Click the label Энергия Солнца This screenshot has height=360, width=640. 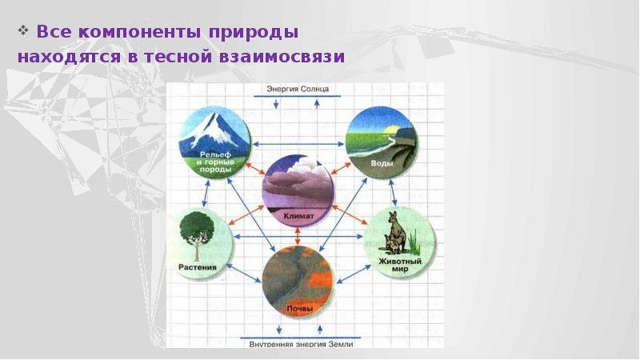pyautogui.click(x=298, y=89)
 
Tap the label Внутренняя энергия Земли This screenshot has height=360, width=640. pyautogui.click(x=301, y=344)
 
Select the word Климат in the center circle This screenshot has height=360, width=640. pyautogui.click(x=298, y=215)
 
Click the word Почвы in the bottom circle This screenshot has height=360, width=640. pyautogui.click(x=299, y=309)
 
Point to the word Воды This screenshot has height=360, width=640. pyautogui.click(x=382, y=163)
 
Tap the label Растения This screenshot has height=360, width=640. pyautogui.click(x=198, y=267)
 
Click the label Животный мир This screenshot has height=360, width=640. pyautogui.click(x=399, y=265)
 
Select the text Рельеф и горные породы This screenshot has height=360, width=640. pyautogui.click(x=214, y=162)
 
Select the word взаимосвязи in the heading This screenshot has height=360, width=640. pyautogui.click(x=282, y=57)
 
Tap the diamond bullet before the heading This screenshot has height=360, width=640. pyautogui.click(x=23, y=30)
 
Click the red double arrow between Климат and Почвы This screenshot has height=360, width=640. pyautogui.click(x=297, y=236)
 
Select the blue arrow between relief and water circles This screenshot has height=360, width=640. pyautogui.click(x=298, y=144)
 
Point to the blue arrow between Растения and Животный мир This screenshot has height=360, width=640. pyautogui.click(x=298, y=236)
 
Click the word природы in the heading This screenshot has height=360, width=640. pyautogui.click(x=254, y=33)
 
